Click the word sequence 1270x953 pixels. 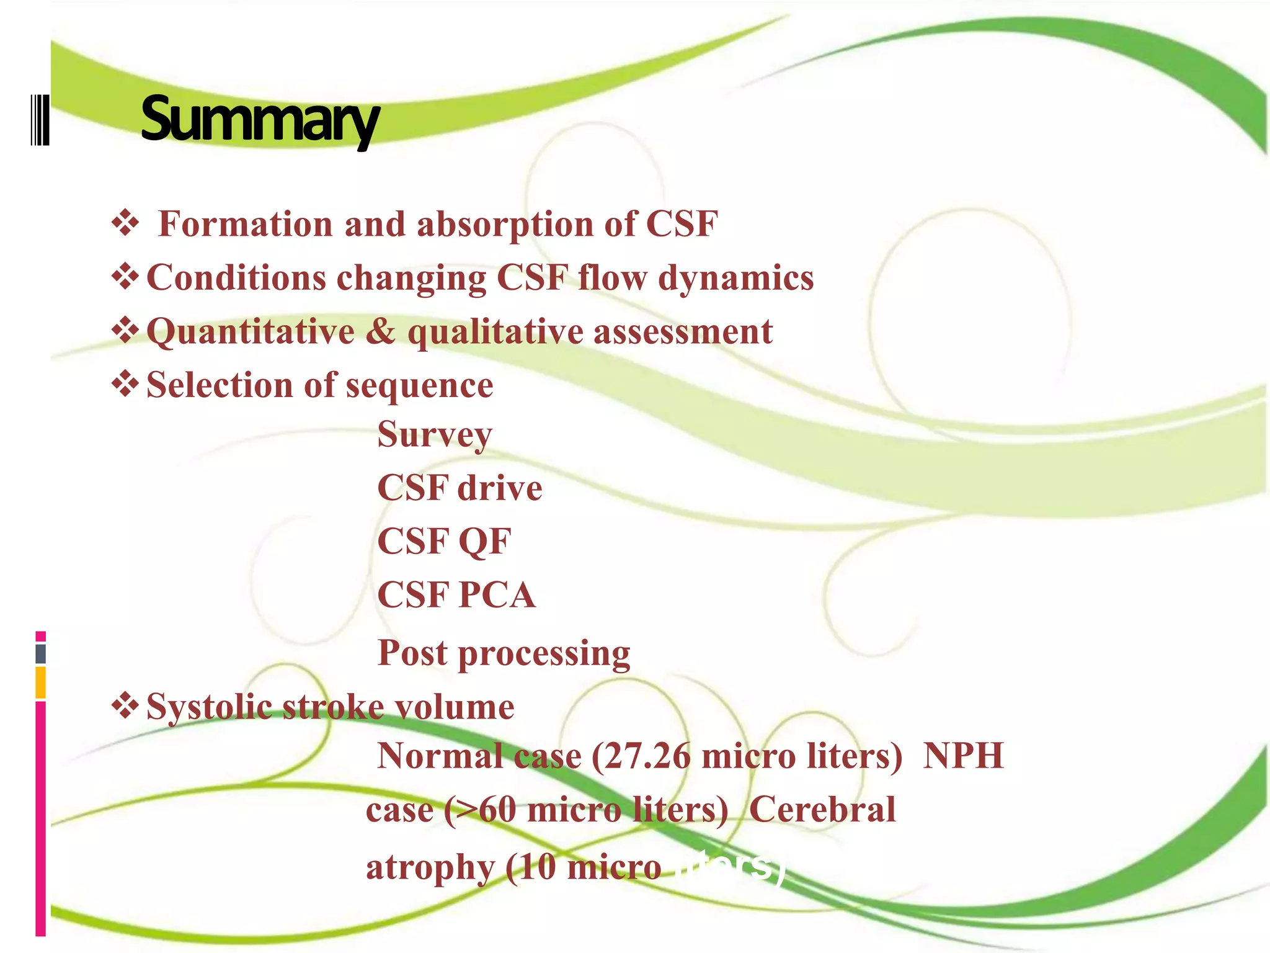419,385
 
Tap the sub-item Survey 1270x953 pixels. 434,434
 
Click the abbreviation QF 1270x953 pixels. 484,541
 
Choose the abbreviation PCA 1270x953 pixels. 496,595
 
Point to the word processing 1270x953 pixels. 544,653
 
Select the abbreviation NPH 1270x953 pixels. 963,756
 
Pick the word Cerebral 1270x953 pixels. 822,810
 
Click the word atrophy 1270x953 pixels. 430,867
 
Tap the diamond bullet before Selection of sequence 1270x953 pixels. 125,384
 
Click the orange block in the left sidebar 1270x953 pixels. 40,682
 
